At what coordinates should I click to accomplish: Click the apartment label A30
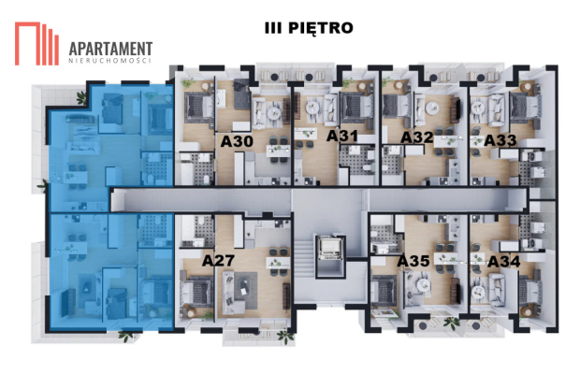point(237,141)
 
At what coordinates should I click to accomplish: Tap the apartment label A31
point(342,136)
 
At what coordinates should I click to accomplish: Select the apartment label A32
point(417,137)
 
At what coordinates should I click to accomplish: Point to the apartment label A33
point(500,140)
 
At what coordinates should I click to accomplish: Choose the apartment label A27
point(218,261)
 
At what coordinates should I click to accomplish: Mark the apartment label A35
point(413,261)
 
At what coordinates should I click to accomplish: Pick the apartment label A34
point(504,262)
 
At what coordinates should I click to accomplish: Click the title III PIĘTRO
point(309,28)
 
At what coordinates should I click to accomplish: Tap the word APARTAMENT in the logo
point(110,49)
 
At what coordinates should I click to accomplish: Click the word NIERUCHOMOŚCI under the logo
point(110,61)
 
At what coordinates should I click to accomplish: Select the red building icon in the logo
point(36,44)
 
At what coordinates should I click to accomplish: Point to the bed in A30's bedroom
point(199,107)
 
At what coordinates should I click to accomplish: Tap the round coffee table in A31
point(312,108)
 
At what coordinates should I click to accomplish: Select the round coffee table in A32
point(432,108)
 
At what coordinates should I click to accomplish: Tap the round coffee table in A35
point(422,285)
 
